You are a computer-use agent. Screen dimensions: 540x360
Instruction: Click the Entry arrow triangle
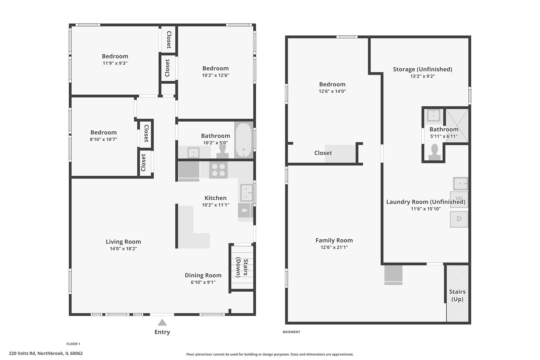point(162,322)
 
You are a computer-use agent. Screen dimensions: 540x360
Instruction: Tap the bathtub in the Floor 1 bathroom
point(243,140)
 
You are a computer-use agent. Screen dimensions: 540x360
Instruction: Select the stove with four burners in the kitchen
point(218,170)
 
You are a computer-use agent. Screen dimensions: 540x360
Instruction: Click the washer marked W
point(459,199)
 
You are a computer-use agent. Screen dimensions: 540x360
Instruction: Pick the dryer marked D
point(459,219)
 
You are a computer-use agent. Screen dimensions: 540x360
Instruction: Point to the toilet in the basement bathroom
point(434,152)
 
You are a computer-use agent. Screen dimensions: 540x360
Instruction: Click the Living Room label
point(123,242)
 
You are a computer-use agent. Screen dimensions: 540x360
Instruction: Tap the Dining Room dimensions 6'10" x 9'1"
point(203,282)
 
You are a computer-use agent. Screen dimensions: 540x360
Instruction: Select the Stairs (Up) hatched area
point(457,293)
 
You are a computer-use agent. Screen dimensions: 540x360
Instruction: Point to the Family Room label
point(334,240)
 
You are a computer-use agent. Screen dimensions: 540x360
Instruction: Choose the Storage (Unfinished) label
point(423,69)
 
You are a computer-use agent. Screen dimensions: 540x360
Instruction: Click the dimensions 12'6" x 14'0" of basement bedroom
point(332,91)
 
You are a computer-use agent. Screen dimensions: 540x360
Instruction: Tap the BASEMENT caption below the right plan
point(291,332)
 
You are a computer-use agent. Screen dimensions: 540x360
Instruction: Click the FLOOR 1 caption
point(73,344)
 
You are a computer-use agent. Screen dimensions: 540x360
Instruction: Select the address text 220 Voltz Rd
point(22,353)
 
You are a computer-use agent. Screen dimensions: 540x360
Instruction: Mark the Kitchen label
point(216,198)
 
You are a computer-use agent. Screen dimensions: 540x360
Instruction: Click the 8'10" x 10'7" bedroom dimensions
point(103,139)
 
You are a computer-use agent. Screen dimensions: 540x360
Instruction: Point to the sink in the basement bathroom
point(434,115)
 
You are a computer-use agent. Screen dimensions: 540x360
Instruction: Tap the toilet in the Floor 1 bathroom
point(223,152)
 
